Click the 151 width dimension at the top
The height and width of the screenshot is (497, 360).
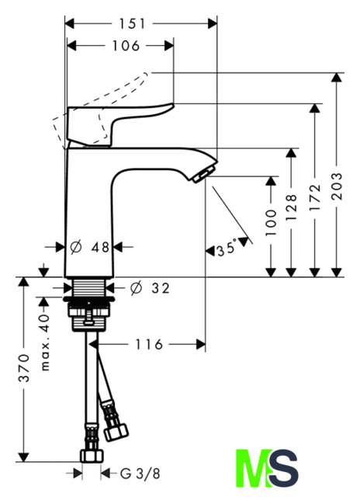(132, 24)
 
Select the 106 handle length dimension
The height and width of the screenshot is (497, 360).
(126, 46)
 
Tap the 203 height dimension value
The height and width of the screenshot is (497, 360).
(337, 186)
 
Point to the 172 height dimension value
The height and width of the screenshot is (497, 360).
(315, 197)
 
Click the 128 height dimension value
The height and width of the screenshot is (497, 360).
(291, 207)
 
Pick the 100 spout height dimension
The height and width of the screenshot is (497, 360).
(271, 222)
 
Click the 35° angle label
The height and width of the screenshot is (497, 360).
(227, 248)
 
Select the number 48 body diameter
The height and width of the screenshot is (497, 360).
(100, 247)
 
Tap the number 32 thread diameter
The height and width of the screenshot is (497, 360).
(161, 288)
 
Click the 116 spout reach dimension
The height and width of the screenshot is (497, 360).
(149, 344)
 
